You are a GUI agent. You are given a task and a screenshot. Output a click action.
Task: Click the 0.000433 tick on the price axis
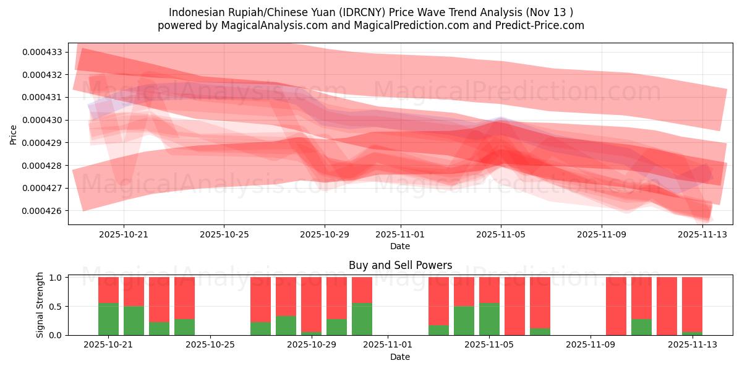point(43,52)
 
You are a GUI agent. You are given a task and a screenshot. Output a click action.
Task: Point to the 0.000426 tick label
point(43,211)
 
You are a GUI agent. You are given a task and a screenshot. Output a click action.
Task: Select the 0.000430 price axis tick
point(43,120)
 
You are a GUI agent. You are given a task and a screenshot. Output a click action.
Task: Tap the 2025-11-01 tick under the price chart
point(400,234)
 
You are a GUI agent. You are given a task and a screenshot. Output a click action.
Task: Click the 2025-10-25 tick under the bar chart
point(211,345)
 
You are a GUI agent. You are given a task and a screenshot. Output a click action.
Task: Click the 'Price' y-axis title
point(13,134)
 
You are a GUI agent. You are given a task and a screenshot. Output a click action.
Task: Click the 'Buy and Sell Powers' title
point(400,265)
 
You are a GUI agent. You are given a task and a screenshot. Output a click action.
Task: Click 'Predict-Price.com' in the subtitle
point(539,25)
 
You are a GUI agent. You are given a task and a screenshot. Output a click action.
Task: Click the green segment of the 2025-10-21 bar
point(108,319)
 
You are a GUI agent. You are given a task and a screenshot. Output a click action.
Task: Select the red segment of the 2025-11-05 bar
point(489,289)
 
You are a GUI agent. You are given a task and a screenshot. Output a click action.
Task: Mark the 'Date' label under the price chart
point(400,246)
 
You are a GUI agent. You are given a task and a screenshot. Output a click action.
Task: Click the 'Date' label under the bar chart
point(400,357)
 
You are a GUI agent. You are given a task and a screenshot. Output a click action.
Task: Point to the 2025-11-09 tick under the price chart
point(602,234)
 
